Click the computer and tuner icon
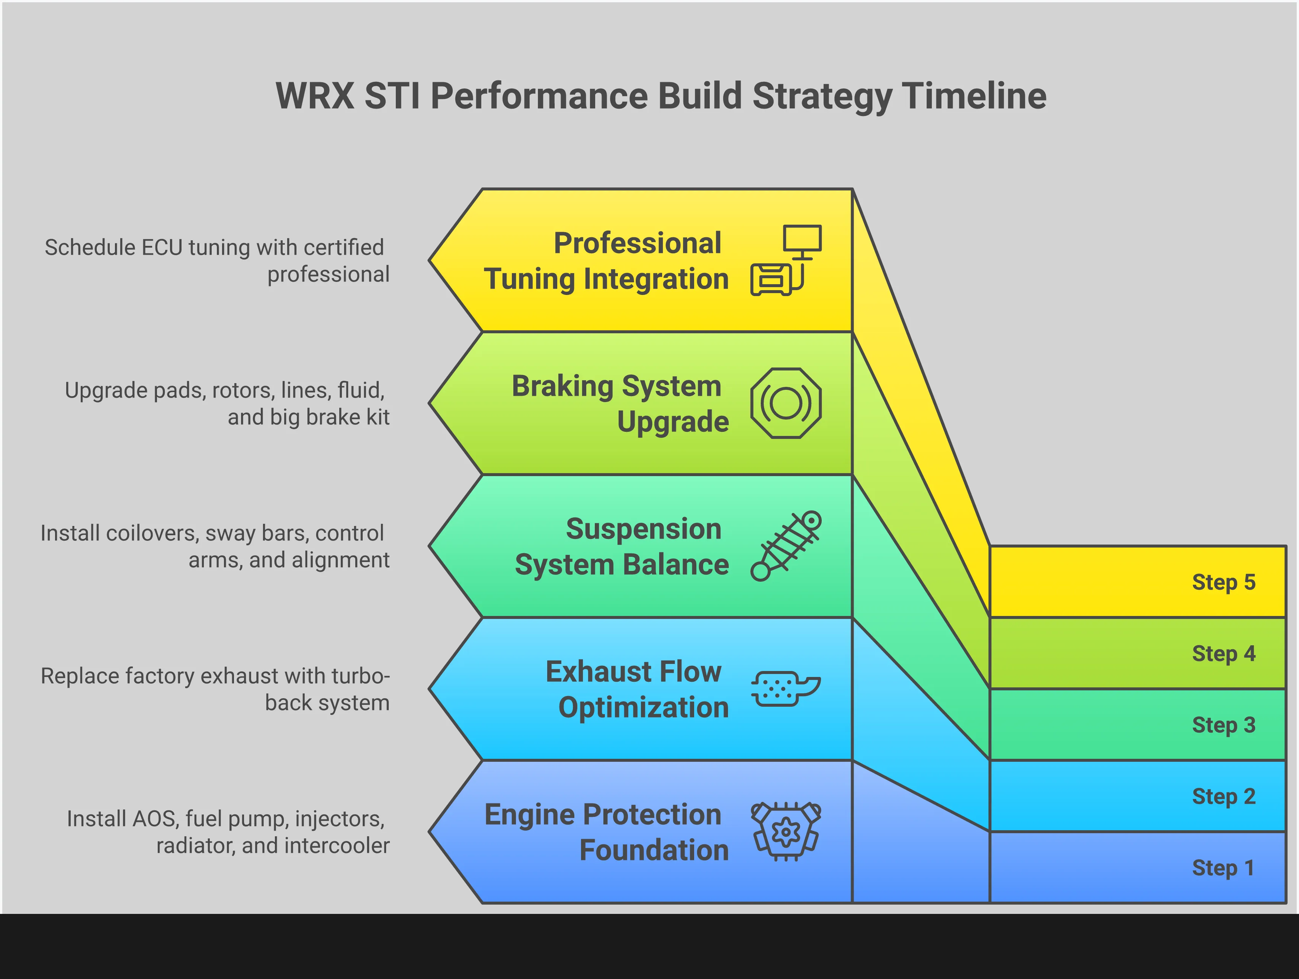pyautogui.click(x=786, y=260)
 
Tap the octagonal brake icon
pyautogui.click(x=786, y=403)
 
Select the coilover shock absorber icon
pyautogui.click(x=786, y=546)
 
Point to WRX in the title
pyautogui.click(x=315, y=96)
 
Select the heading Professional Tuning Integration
pyautogui.click(x=606, y=261)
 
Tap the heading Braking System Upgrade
pyautogui.click(x=620, y=404)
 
